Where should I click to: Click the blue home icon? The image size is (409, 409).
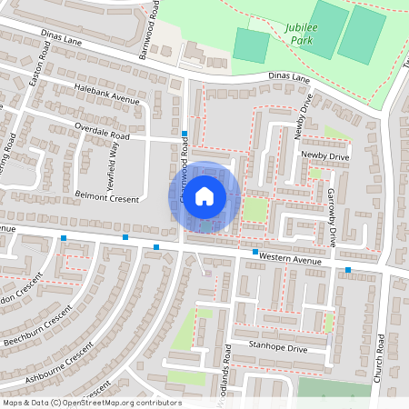point(204,195)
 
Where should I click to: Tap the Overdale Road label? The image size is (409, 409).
point(102,131)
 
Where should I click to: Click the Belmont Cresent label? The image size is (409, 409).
point(106,198)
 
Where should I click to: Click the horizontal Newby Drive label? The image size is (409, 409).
point(324,156)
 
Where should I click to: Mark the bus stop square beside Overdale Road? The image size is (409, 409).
point(185,134)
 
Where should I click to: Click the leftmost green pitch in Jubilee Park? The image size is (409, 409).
point(252,45)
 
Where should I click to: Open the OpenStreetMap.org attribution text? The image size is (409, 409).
point(91,403)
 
